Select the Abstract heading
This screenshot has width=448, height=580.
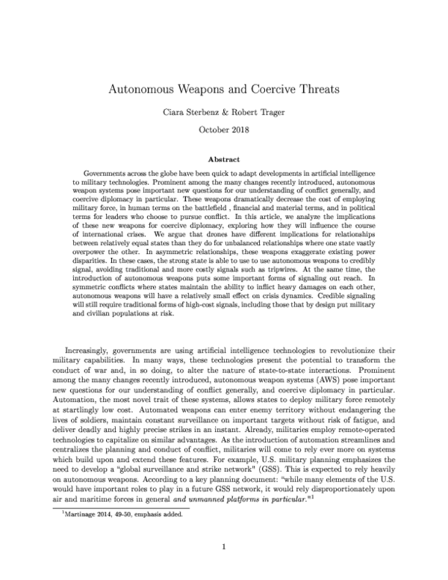click(x=224, y=158)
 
